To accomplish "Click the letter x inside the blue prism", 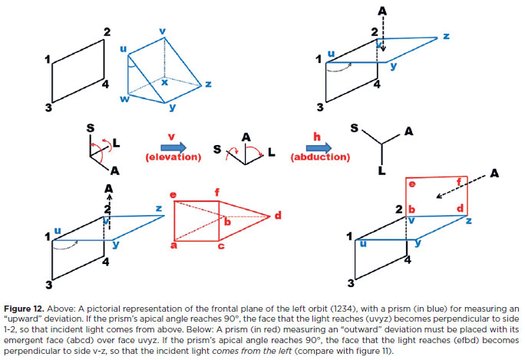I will tap(163, 82).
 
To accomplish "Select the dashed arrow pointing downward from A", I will tap(384, 35).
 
